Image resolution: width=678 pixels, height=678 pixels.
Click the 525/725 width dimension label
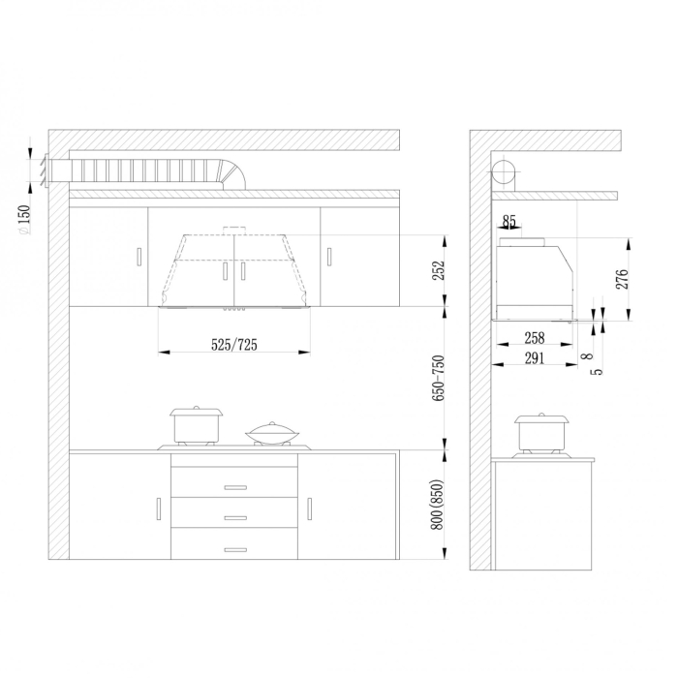pyautogui.click(x=234, y=345)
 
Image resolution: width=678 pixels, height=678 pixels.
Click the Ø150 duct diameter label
pyautogui.click(x=25, y=219)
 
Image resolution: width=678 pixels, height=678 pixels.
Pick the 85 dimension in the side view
pyautogui.click(x=509, y=222)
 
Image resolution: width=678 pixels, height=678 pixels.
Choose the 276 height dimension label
pyautogui.click(x=622, y=279)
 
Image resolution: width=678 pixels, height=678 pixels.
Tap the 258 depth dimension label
pyautogui.click(x=534, y=338)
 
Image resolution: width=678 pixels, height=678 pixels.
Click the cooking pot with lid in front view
pyautogui.click(x=197, y=425)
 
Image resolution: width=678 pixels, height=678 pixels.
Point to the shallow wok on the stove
pyautogui.click(x=272, y=432)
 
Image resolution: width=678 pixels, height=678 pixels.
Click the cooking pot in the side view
pyautogui.click(x=540, y=433)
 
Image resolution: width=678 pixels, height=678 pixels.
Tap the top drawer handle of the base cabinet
pyautogui.click(x=234, y=486)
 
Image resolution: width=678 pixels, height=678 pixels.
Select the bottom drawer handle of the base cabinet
pyautogui.click(x=234, y=549)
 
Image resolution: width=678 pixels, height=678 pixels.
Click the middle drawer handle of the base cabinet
pyautogui.click(x=234, y=518)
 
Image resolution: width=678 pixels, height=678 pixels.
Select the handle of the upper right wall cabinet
pyautogui.click(x=328, y=257)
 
